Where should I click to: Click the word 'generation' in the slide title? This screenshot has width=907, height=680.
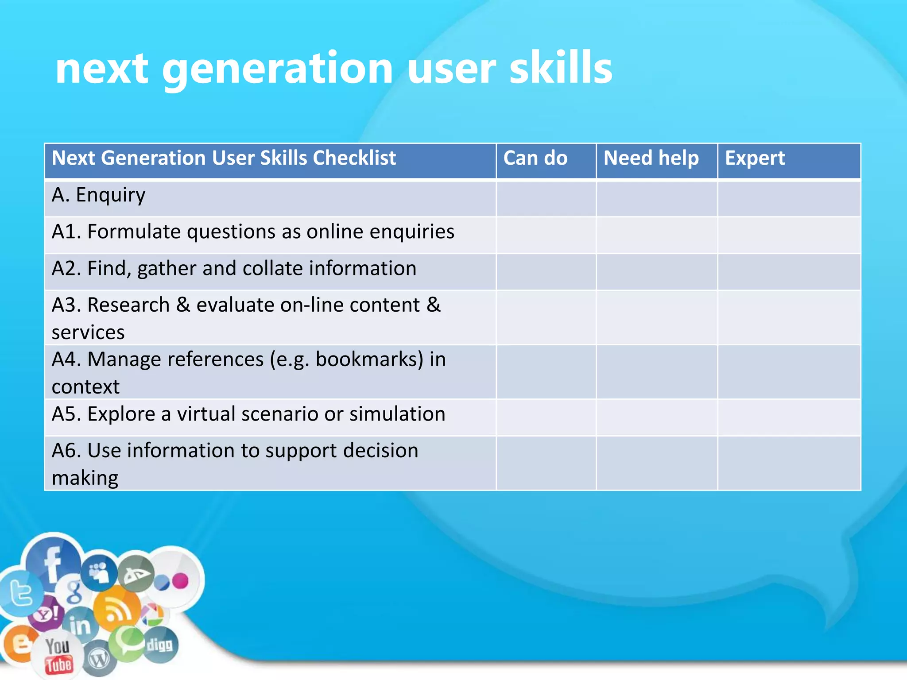pyautogui.click(x=277, y=69)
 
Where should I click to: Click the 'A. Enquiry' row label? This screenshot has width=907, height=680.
pyautogui.click(x=98, y=195)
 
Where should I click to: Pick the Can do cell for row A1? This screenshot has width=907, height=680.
pyautogui.click(x=546, y=235)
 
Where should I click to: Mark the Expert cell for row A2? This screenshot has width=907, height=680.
pyautogui.click(x=789, y=272)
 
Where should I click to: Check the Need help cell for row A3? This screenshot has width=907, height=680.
pyautogui.click(x=656, y=317)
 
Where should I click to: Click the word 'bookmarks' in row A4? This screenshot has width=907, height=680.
pyautogui.click(x=369, y=359)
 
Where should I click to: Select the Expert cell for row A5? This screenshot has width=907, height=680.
pyautogui.click(x=789, y=417)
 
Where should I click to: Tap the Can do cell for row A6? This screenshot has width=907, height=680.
pyautogui.click(x=546, y=463)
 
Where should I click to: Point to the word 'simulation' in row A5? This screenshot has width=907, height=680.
pyautogui.click(x=397, y=414)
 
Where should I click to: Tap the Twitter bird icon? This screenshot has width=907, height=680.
pyautogui.click(x=20, y=593)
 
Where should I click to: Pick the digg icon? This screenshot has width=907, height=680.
pyautogui.click(x=160, y=645)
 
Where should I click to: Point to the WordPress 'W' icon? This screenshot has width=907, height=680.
pyautogui.click(x=99, y=660)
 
